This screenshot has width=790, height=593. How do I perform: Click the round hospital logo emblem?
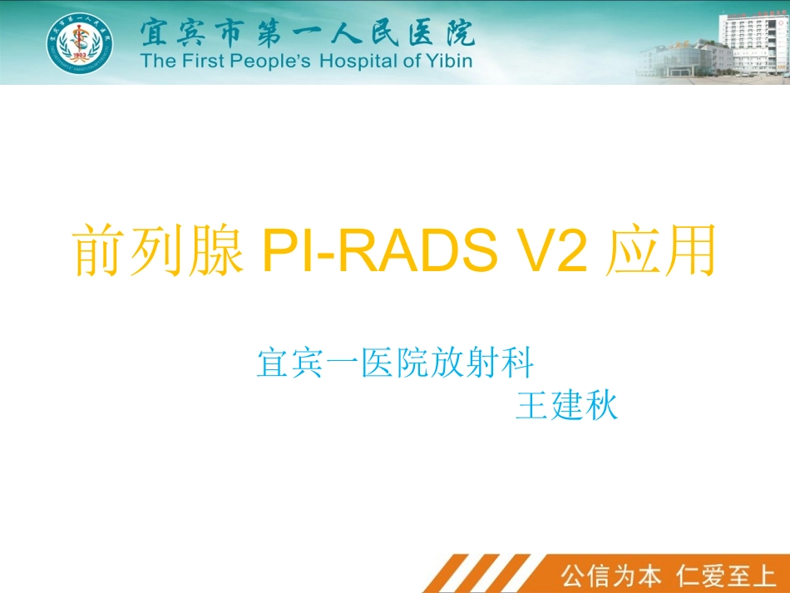coord(80,43)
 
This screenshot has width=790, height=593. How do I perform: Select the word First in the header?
coord(196,61)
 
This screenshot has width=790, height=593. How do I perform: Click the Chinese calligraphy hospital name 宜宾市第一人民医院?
coord(307,32)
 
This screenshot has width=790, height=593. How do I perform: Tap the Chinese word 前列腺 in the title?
coord(158,252)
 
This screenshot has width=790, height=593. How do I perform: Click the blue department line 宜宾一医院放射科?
coord(395,364)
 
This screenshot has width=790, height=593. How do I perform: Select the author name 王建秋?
coord(566,407)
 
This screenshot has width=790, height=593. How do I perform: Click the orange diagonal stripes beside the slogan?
coord(482,574)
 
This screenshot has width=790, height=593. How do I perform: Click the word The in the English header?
coord(156,61)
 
